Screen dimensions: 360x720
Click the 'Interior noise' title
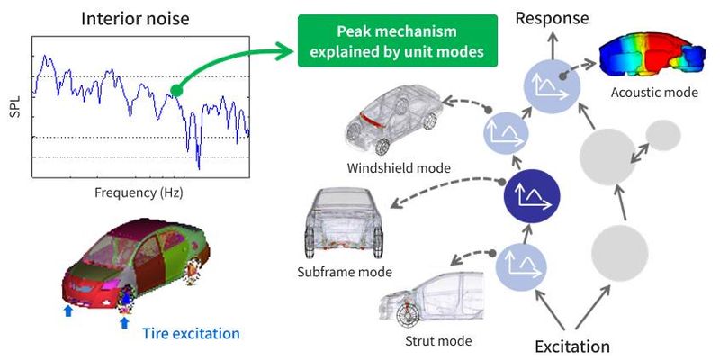(136, 19)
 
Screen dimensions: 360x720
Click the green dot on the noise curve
(177, 90)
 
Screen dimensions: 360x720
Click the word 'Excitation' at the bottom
(573, 346)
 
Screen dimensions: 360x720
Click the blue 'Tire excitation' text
(191, 333)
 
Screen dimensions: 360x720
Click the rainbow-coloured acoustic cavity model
(653, 56)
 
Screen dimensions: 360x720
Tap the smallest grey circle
(664, 135)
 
